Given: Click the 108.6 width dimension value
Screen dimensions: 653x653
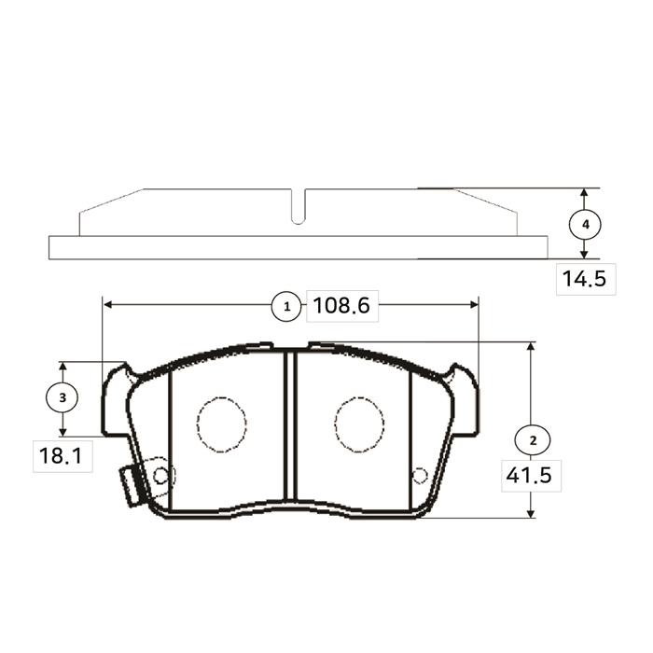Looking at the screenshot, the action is click(x=341, y=306).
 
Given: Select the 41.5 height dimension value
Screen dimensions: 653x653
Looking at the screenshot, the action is click(x=529, y=475).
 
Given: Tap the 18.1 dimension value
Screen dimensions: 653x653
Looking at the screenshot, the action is click(x=62, y=455).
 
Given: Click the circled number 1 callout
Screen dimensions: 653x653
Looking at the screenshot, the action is click(x=286, y=307).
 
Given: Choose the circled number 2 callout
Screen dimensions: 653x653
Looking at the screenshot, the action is click(x=533, y=440).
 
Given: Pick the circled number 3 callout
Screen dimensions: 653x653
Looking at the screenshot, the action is click(x=63, y=397).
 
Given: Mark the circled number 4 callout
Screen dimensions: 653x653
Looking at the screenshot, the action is click(x=585, y=225).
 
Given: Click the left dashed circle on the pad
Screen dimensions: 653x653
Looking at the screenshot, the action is click(x=222, y=424).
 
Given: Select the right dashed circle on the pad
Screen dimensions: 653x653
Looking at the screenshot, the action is click(x=359, y=424).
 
